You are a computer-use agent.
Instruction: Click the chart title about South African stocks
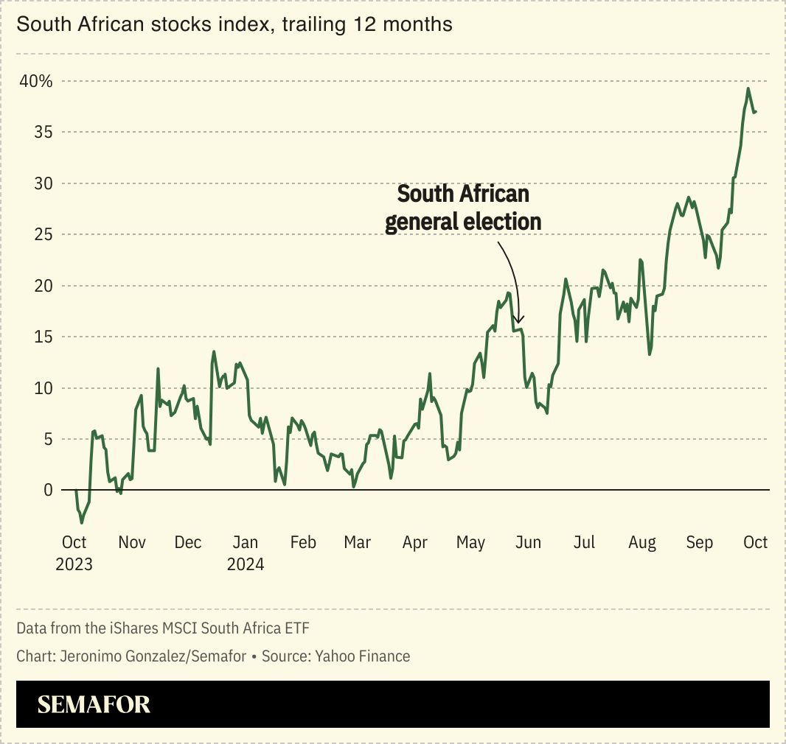[x=234, y=24]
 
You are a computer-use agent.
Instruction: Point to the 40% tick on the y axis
[x=36, y=81]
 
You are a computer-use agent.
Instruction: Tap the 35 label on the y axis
[x=43, y=133]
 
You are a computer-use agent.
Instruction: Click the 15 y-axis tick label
[x=43, y=337]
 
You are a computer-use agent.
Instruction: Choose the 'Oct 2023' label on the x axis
[x=74, y=553]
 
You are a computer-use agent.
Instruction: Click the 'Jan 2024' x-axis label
[x=245, y=553]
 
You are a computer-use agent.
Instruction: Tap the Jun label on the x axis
[x=528, y=543]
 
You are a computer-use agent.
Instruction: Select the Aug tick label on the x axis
[x=641, y=543]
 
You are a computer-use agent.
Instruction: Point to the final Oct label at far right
[x=755, y=543]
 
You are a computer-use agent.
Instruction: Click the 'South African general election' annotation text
[x=463, y=208]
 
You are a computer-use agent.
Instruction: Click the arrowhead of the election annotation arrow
[x=518, y=320]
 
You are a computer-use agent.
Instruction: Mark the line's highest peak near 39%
[x=748, y=89]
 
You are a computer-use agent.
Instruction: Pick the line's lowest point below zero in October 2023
[x=81, y=522]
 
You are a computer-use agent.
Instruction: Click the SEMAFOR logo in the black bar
[x=94, y=704]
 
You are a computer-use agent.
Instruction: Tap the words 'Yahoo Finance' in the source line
[x=362, y=656]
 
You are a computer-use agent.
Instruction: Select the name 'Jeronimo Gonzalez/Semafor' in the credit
[x=151, y=656]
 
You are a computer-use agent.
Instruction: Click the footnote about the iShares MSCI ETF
[x=163, y=628]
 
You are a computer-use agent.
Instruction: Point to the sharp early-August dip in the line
[x=650, y=354]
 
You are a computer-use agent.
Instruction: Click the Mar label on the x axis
[x=358, y=543]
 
